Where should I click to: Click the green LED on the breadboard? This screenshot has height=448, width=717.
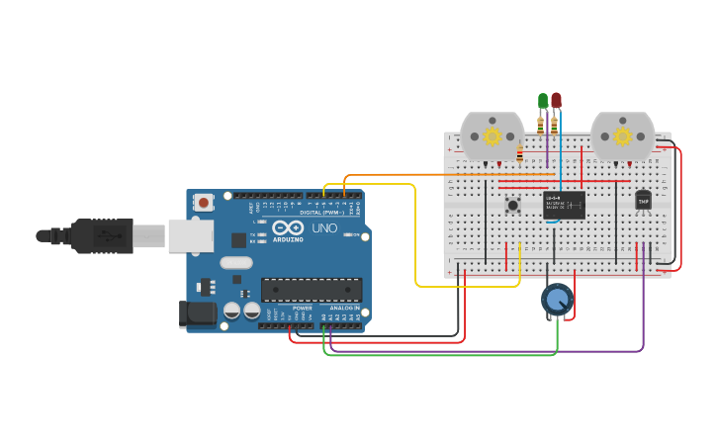click(542, 101)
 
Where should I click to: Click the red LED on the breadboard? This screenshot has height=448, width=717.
click(556, 101)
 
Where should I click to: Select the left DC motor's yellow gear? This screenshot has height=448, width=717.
click(492, 136)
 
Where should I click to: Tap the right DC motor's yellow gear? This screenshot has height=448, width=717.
click(622, 136)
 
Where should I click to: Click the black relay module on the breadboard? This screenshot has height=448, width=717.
click(564, 205)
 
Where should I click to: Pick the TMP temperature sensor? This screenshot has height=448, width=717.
click(644, 201)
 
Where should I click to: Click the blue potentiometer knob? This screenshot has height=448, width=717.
click(557, 300)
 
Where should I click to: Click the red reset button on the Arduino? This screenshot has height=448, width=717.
click(204, 202)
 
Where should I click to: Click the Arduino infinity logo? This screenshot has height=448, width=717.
click(288, 228)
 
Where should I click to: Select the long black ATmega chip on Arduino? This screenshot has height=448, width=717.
click(311, 290)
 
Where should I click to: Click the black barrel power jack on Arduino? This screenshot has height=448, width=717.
click(197, 314)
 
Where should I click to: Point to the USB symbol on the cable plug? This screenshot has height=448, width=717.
click(103, 236)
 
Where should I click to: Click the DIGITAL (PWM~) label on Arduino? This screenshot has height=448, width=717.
click(321, 213)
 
